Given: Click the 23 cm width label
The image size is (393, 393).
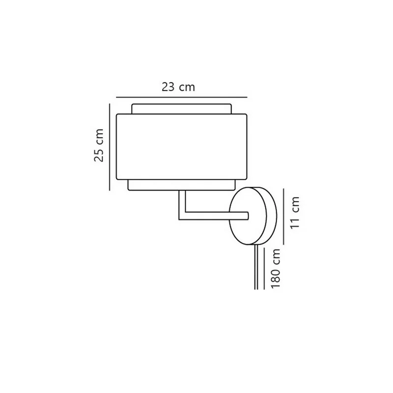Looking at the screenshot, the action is (178, 87).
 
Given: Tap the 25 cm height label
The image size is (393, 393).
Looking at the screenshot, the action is (99, 145).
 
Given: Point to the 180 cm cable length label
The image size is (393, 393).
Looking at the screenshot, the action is (275, 268).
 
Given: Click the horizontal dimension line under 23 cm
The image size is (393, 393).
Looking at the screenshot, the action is (182, 97).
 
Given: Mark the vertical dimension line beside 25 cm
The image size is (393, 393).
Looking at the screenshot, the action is (110, 147).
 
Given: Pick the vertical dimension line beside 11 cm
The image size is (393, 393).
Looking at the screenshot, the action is (284, 216).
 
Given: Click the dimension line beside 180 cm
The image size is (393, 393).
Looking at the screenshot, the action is (264, 268).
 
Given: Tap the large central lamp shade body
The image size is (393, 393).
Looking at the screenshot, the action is (182, 147).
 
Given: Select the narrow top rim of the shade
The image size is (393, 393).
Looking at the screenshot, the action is (182, 109).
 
